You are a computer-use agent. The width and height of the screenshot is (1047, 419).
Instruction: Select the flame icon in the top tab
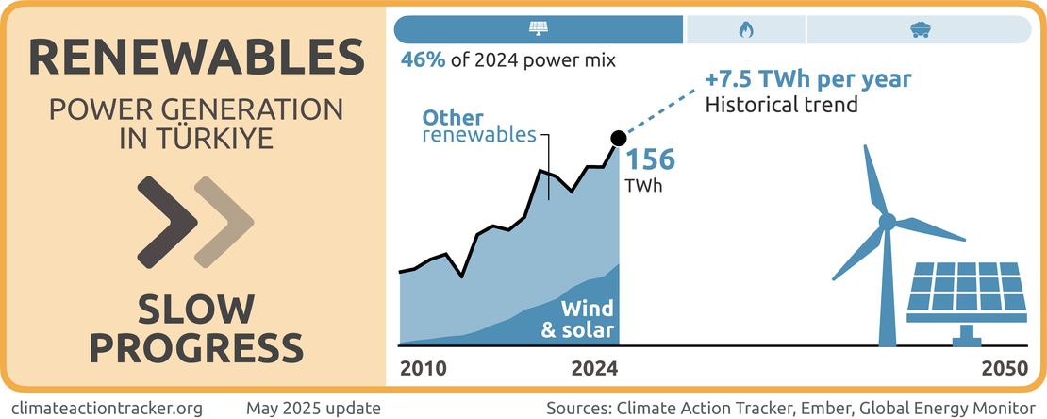click(x=745, y=29)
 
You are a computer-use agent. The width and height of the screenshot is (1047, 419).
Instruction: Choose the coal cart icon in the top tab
click(x=919, y=29)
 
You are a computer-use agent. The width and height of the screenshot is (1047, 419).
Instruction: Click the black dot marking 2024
click(x=619, y=139)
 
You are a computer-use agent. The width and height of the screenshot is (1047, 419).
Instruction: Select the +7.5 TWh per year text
click(x=808, y=78)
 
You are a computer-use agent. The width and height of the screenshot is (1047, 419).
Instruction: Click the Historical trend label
click(x=782, y=104)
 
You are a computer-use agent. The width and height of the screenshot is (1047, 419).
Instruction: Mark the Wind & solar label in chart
click(x=577, y=319)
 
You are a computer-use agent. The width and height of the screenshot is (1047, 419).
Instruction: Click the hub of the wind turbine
click(x=887, y=222)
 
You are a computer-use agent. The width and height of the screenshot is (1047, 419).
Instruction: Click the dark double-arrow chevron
click(x=168, y=221)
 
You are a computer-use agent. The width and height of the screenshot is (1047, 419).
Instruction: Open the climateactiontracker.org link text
click(x=111, y=408)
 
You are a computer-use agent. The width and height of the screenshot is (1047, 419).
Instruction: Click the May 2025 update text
click(x=313, y=408)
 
